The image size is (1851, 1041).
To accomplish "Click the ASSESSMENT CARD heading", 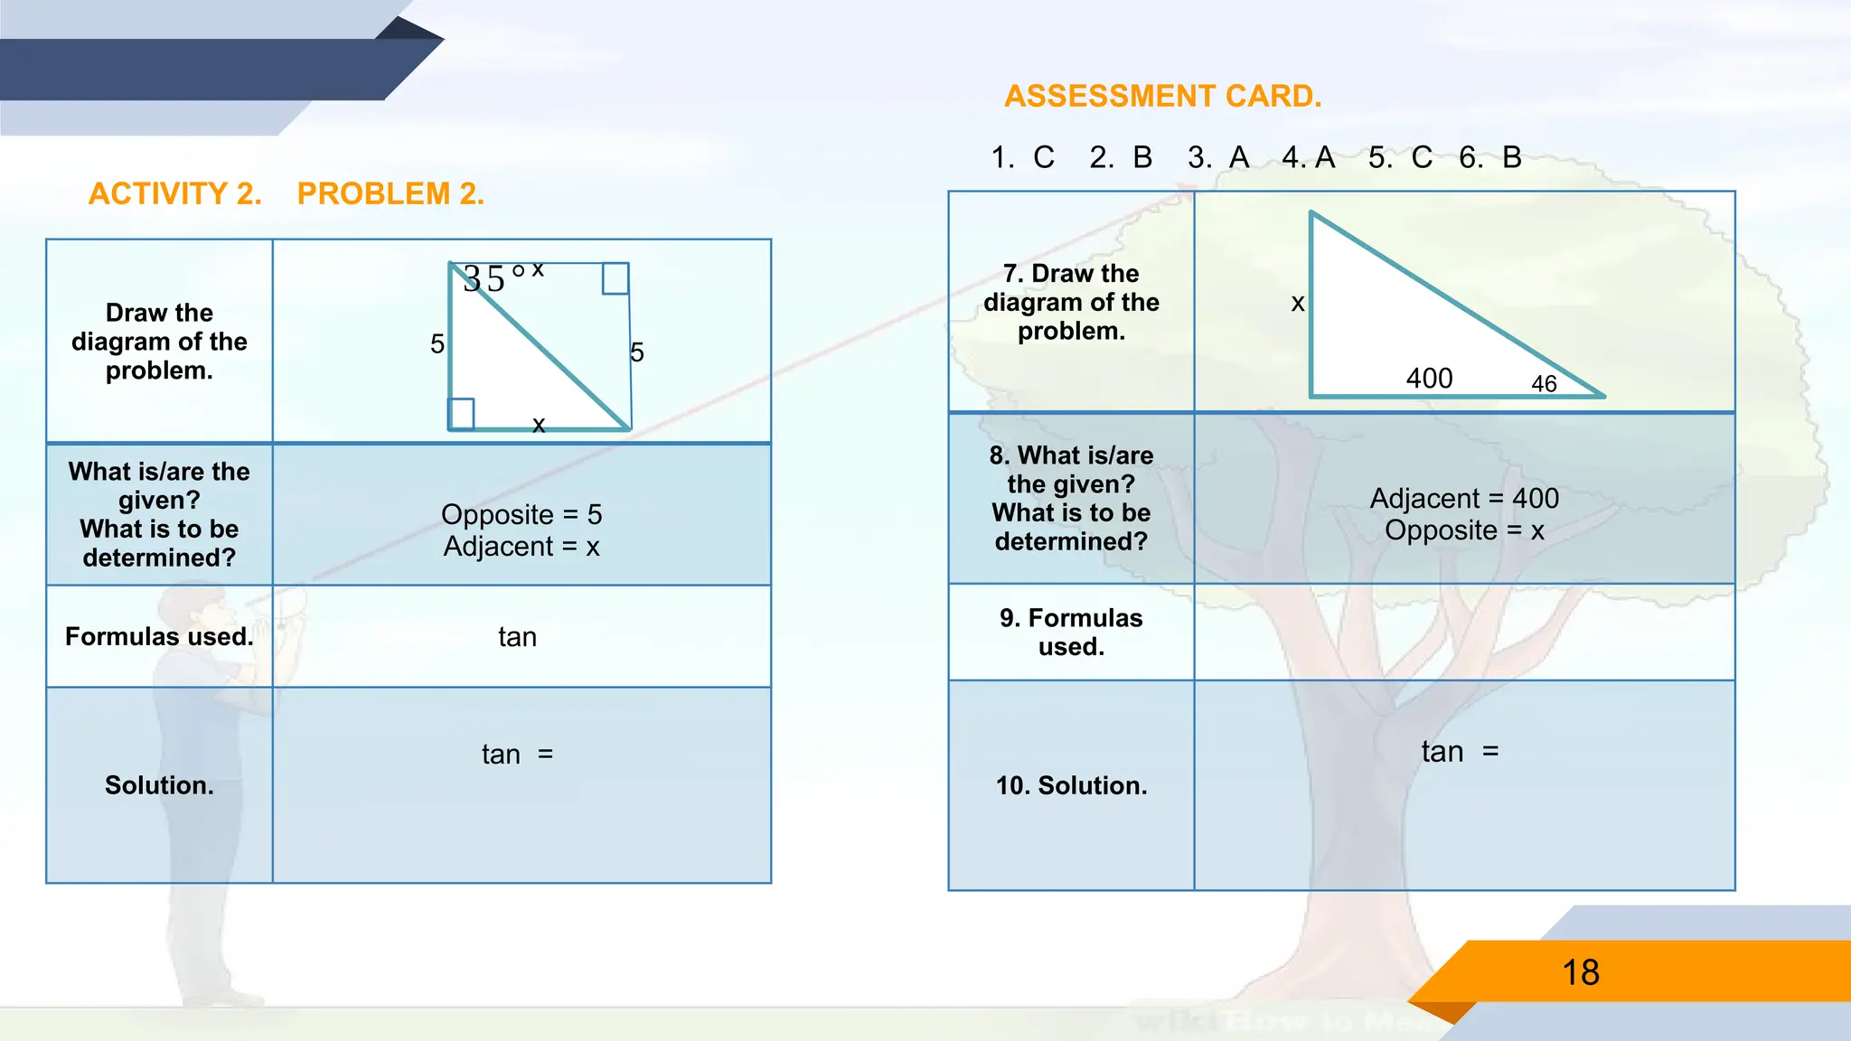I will point(1162,96).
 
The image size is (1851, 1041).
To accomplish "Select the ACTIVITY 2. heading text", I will point(174,193).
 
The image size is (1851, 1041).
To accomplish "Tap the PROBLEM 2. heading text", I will point(390,193).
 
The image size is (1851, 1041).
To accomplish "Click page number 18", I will point(1581,972).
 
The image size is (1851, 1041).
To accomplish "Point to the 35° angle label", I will point(492,277).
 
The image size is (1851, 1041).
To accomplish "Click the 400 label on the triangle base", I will point(1429,378).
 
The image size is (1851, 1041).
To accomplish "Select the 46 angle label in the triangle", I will point(1544,384).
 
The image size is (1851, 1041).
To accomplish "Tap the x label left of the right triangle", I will point(1298,303).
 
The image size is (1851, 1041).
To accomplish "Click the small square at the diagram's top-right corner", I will point(615,278).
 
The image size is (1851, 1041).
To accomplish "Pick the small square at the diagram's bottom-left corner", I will point(461,414).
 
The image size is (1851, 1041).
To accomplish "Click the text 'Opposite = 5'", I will point(521,514).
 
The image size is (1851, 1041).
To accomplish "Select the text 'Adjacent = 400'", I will point(1464,498).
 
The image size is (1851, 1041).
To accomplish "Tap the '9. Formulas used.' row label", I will point(1071,632).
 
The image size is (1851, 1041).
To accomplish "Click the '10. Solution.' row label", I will point(1071,785).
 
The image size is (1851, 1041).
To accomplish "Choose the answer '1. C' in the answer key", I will point(1022,158).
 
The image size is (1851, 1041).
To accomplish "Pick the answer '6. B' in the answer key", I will point(1490,158).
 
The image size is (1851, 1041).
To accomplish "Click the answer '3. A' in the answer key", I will point(1218,158).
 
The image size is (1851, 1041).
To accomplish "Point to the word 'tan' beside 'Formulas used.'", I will point(517,637).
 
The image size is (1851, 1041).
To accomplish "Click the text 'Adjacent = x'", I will point(521,547).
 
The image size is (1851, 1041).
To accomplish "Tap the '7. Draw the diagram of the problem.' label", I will point(1071,302).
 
